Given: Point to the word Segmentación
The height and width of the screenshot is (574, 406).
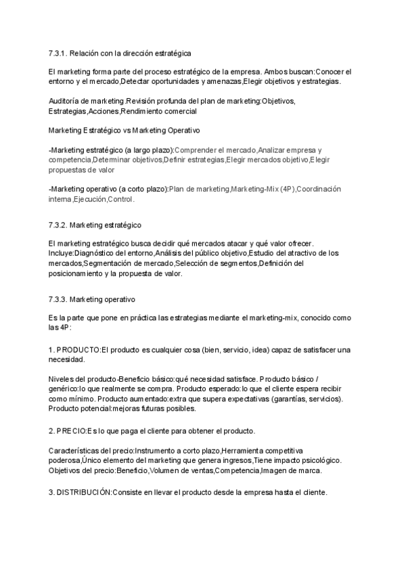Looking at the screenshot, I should [x=110, y=263].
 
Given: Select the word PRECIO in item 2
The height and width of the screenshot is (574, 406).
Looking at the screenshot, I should [x=72, y=430].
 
